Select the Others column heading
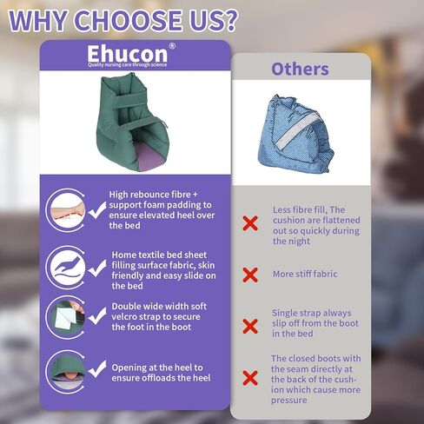[300, 69]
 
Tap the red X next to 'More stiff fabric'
[250, 275]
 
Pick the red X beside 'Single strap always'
[250, 327]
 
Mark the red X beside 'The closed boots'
[250, 378]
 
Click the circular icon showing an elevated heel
[66, 209]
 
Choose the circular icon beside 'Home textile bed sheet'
[66, 264]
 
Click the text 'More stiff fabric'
[305, 275]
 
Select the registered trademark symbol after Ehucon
[171, 47]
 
